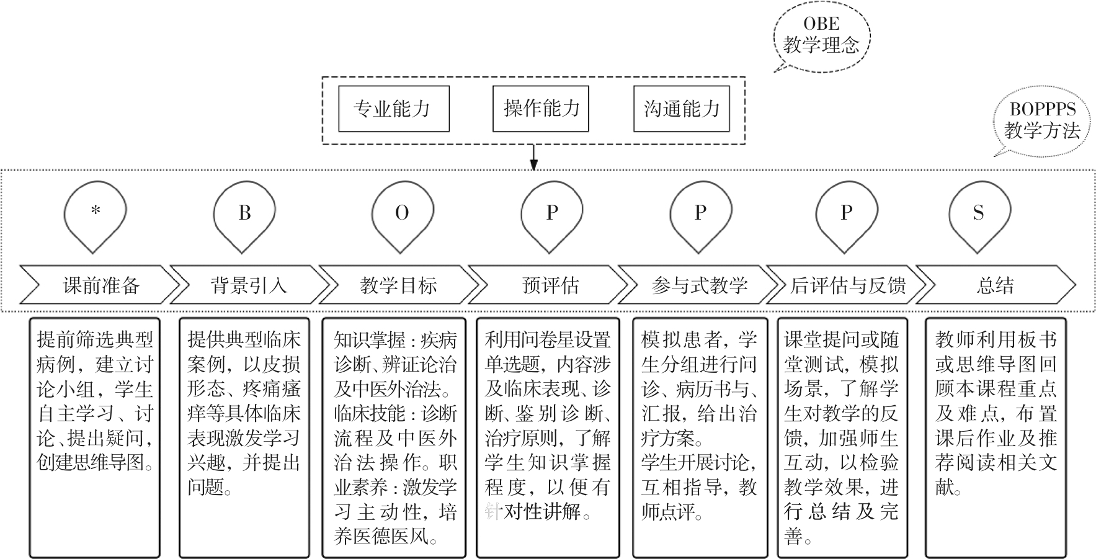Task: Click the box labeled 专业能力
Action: click(393, 109)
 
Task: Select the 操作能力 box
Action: click(540, 109)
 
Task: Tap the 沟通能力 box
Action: click(681, 109)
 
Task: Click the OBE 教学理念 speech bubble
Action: click(821, 35)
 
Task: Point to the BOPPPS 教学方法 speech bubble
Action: click(1041, 121)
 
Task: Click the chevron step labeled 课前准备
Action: click(99, 285)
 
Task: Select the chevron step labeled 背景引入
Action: click(249, 285)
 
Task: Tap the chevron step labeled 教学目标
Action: click(398, 285)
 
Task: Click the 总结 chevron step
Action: click(995, 285)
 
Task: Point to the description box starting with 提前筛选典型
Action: click(94, 437)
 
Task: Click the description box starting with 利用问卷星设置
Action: click(548, 437)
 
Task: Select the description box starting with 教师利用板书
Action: click(996, 437)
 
